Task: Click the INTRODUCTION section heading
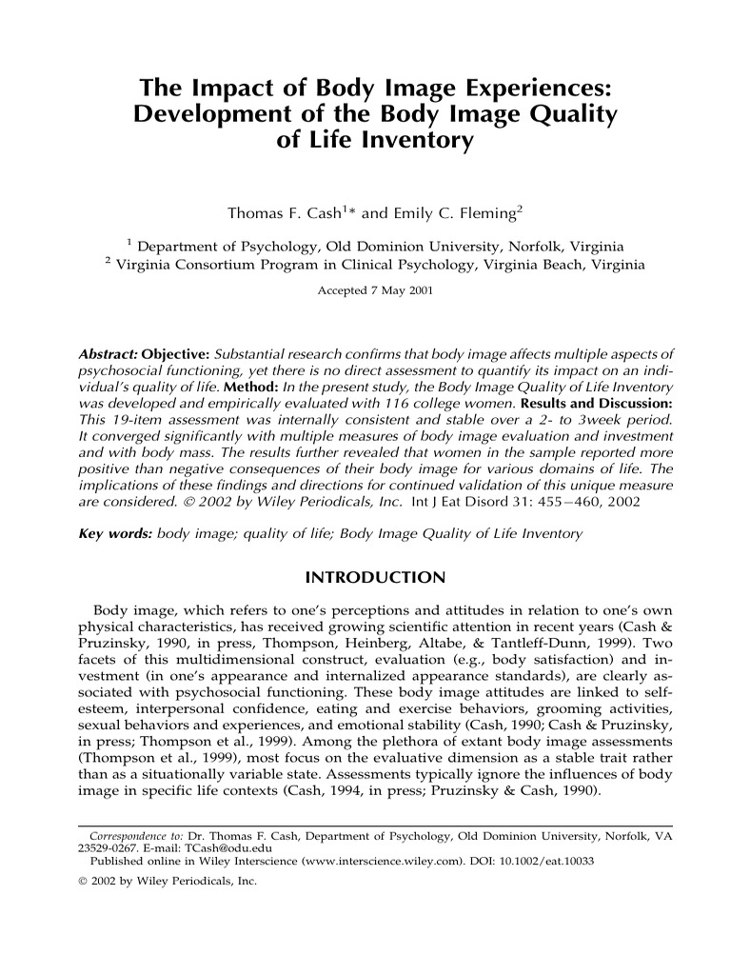(x=373, y=578)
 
